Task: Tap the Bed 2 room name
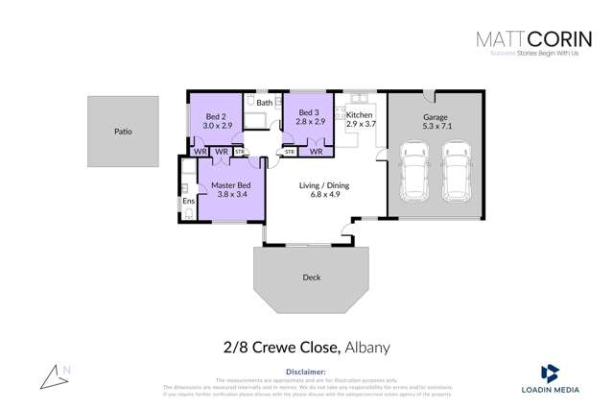[x=216, y=116]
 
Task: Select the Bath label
[x=264, y=103]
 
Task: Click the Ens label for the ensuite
[x=188, y=201]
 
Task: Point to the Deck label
[x=311, y=277]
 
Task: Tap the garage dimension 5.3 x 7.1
[x=436, y=126]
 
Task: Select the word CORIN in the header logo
[x=551, y=39]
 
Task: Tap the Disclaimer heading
[x=306, y=370]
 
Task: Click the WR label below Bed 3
[x=316, y=152]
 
